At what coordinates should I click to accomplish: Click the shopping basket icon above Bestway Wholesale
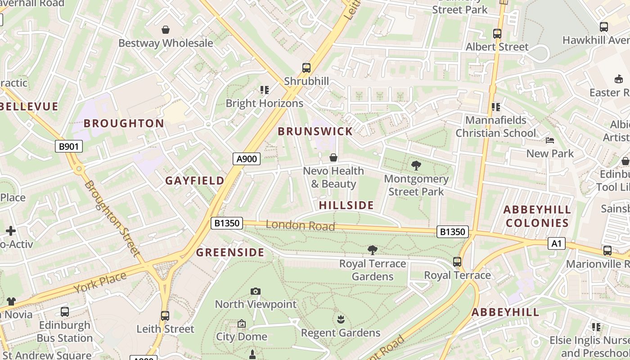point(166,30)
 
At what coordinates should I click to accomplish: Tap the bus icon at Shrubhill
point(306,68)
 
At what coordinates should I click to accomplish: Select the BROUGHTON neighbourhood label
point(124,123)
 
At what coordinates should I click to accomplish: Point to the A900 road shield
point(247,158)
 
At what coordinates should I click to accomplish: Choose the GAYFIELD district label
point(194,180)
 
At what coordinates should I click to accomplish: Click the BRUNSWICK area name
point(315,131)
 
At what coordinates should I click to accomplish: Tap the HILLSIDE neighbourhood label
point(346,205)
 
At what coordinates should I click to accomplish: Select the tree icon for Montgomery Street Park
point(416,166)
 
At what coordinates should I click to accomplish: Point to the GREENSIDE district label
point(230,252)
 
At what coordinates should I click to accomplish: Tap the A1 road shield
point(557,243)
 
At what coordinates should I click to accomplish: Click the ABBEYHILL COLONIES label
point(537,216)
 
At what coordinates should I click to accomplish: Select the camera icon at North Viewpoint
point(256,292)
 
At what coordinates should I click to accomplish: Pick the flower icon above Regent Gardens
point(341,319)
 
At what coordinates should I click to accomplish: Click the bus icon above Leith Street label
point(165,316)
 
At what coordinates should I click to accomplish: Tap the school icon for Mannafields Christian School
point(496,107)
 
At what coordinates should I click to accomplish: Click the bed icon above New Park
point(550,140)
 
